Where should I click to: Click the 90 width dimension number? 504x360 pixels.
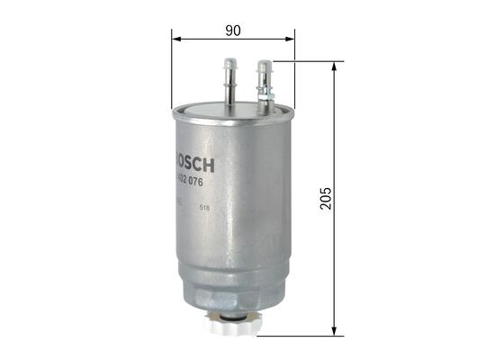(x=232, y=31)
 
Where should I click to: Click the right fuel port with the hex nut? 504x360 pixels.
(x=265, y=81)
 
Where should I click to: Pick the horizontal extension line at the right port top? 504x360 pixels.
(x=306, y=61)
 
